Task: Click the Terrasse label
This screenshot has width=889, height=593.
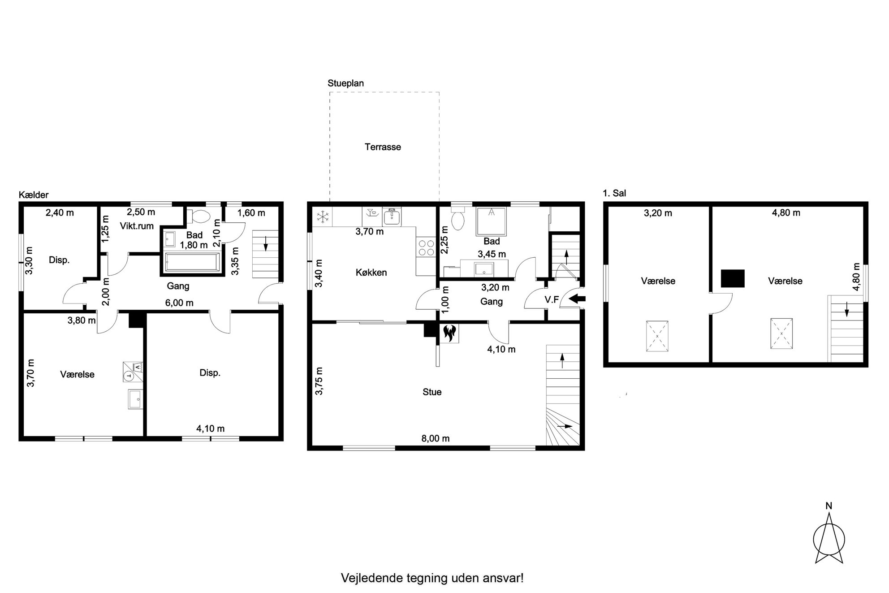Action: (x=383, y=147)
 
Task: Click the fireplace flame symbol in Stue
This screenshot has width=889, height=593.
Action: (x=449, y=333)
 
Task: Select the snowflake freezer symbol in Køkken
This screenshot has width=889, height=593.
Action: (x=322, y=217)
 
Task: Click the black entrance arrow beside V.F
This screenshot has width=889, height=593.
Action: (x=578, y=299)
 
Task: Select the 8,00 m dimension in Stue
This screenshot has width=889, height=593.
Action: (x=435, y=438)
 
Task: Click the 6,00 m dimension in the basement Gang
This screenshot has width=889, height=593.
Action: (x=179, y=303)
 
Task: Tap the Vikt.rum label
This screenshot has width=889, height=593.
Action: (x=137, y=226)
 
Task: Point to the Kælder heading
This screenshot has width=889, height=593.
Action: (x=34, y=195)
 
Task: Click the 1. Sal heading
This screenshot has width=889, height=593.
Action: (x=615, y=193)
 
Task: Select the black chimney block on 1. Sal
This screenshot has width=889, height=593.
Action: (x=733, y=278)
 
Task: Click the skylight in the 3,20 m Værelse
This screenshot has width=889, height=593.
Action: (x=657, y=336)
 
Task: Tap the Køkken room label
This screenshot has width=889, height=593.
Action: (x=371, y=273)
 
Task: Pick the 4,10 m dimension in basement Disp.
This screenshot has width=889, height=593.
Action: (x=210, y=429)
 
